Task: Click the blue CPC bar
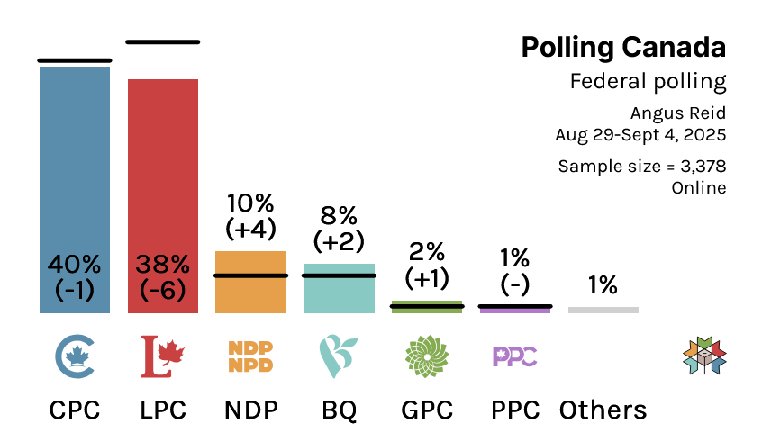[75, 180]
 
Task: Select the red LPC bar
[163, 180]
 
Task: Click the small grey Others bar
[603, 310]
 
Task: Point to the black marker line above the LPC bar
[163, 41]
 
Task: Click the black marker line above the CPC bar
[75, 60]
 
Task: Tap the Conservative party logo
[75, 356]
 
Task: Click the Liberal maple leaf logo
[163, 356]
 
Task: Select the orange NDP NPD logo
[250, 356]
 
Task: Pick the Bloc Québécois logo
[339, 356]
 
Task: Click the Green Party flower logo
[426, 356]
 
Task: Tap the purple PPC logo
[515, 356]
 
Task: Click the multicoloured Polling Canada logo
[705, 356]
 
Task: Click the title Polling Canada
[623, 47]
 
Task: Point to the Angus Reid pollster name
[678, 113]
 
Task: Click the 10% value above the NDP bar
[250, 203]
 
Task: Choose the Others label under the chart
[603, 410]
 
